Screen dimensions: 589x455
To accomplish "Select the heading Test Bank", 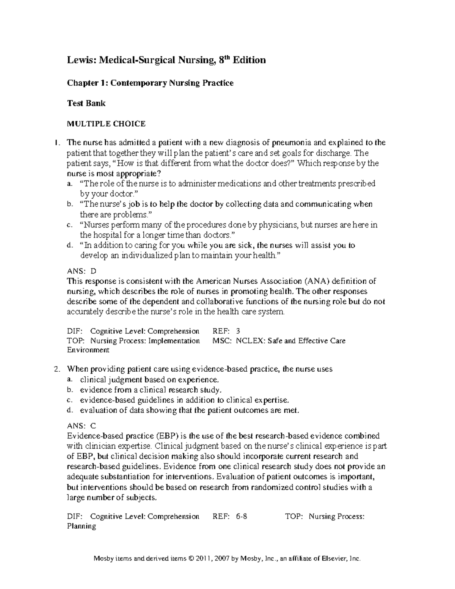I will click(86, 103).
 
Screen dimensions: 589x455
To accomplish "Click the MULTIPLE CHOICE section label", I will click(106, 124).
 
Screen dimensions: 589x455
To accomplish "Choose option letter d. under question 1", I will click(69, 245).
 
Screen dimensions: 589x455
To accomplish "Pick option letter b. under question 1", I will click(69, 204).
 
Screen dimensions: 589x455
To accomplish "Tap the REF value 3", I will click(238, 331).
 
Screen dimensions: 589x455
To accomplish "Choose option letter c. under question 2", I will click(69, 400).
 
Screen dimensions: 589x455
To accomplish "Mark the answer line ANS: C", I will click(82, 426).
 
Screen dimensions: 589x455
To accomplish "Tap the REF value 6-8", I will click(241, 516).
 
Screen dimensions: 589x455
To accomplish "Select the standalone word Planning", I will click(81, 526).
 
